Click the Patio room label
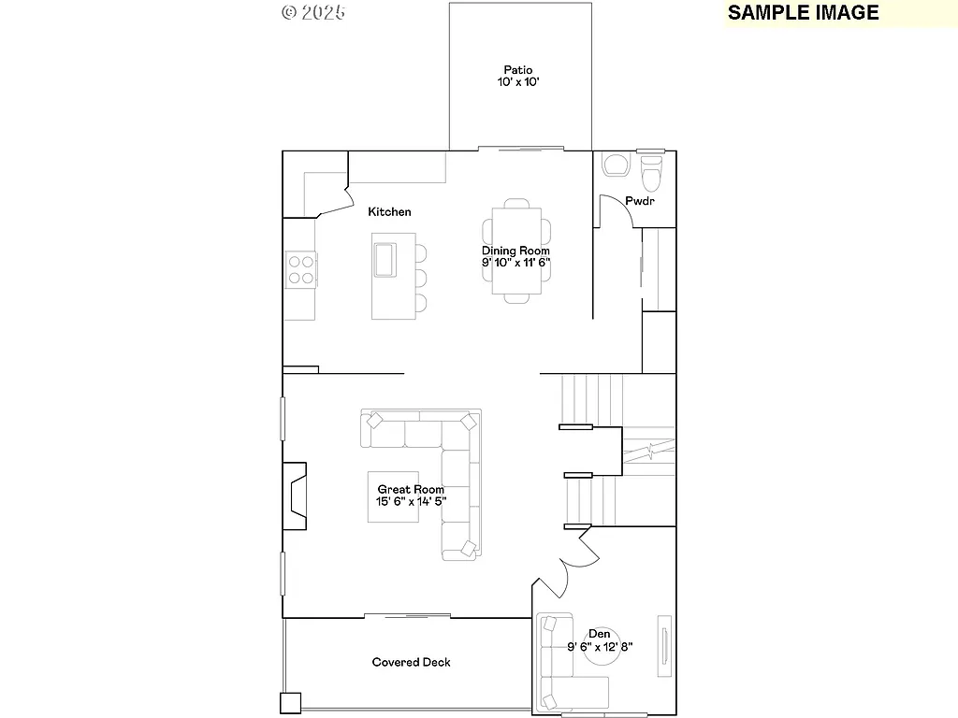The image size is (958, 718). point(517,69)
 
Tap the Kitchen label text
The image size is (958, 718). point(389,212)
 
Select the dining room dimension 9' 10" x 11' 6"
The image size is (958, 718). point(515,264)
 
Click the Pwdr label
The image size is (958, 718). point(640,201)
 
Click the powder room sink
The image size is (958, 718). point(617,165)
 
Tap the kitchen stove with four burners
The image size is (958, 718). point(300,270)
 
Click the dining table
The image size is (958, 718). point(516,251)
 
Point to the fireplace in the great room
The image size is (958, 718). point(295,495)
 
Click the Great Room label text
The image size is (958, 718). point(411,489)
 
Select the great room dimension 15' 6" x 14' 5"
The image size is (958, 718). point(411,501)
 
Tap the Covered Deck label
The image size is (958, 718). point(411,662)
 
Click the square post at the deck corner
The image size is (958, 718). point(290,702)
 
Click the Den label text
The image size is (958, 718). point(600,634)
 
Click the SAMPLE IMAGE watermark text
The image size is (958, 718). point(803,12)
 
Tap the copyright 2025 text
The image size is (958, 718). point(312,12)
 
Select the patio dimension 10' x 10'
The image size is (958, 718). point(517,82)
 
